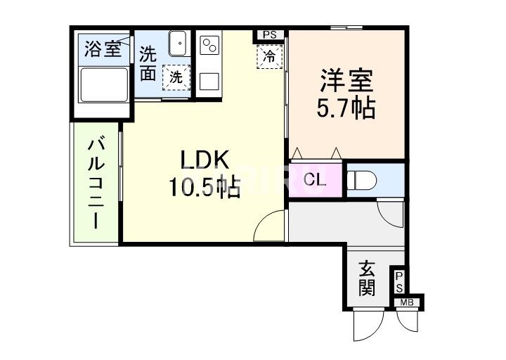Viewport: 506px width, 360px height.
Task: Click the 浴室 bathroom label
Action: (102, 49)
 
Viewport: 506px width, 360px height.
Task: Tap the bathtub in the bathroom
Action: (103, 86)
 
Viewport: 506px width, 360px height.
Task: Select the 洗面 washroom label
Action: (148, 63)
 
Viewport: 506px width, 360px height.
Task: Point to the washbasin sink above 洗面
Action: (178, 46)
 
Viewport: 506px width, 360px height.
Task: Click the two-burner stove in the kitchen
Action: (209, 46)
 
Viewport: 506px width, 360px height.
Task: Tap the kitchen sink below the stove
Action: (209, 80)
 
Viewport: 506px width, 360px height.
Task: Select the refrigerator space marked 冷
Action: (269, 56)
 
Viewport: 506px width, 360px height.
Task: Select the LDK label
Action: (205, 160)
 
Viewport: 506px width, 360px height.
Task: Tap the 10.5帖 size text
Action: (204, 187)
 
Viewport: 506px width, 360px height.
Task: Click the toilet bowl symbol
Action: (363, 181)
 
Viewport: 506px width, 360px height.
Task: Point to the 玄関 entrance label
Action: (366, 278)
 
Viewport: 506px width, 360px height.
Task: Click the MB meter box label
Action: (406, 303)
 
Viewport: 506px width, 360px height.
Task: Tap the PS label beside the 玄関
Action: (398, 283)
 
